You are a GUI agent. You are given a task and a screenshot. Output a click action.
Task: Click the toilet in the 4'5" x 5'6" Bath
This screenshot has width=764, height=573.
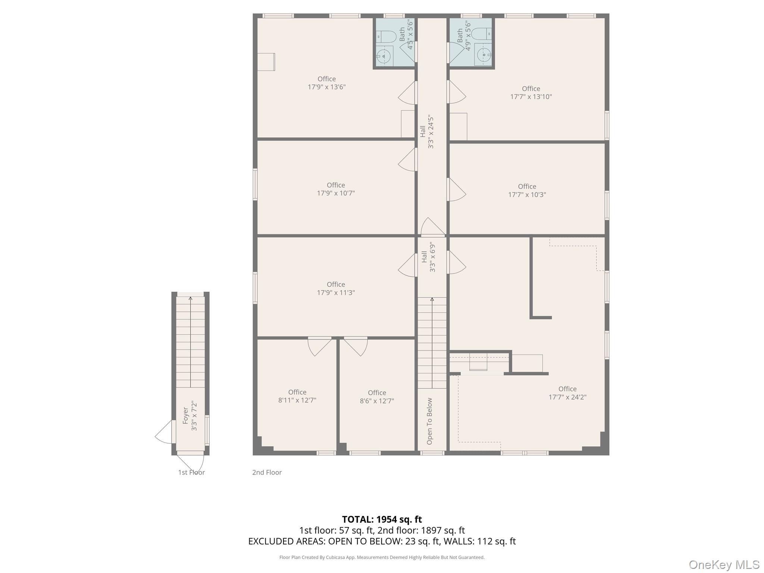(x=386, y=37)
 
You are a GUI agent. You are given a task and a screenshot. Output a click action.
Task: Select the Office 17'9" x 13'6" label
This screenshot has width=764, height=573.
(x=327, y=83)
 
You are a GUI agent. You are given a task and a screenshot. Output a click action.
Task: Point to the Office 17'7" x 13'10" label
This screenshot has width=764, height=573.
(x=531, y=93)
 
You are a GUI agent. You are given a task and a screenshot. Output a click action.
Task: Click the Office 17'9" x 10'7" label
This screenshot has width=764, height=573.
(x=336, y=189)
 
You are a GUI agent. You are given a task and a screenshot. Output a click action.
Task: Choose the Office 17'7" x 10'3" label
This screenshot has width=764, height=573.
(x=527, y=190)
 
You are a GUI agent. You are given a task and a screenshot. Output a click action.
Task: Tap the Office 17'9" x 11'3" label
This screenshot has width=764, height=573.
(x=336, y=288)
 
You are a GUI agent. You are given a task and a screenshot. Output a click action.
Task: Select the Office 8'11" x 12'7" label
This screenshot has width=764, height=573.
(x=297, y=396)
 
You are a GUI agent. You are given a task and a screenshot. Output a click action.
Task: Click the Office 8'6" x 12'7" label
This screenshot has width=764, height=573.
(x=377, y=397)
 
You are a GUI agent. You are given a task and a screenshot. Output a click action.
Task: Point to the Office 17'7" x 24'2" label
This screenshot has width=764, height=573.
(x=567, y=393)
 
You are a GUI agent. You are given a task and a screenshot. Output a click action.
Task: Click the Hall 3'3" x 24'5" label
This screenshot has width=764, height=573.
(x=427, y=131)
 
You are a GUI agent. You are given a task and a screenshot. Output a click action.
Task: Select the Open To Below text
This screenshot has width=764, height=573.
(x=429, y=421)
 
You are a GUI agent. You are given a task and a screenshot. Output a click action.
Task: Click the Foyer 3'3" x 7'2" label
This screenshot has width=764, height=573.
(x=190, y=416)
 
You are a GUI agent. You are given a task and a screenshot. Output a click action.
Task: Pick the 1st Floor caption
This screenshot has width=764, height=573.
(x=191, y=472)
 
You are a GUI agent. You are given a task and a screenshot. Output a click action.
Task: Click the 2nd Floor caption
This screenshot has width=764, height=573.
(x=267, y=472)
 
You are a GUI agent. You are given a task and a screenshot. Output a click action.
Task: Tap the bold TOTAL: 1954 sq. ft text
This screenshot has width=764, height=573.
(x=382, y=519)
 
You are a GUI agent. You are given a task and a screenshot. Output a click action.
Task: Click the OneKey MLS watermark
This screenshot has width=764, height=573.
(x=724, y=565)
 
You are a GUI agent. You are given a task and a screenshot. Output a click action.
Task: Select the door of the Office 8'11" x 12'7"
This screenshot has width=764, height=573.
(x=319, y=346)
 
